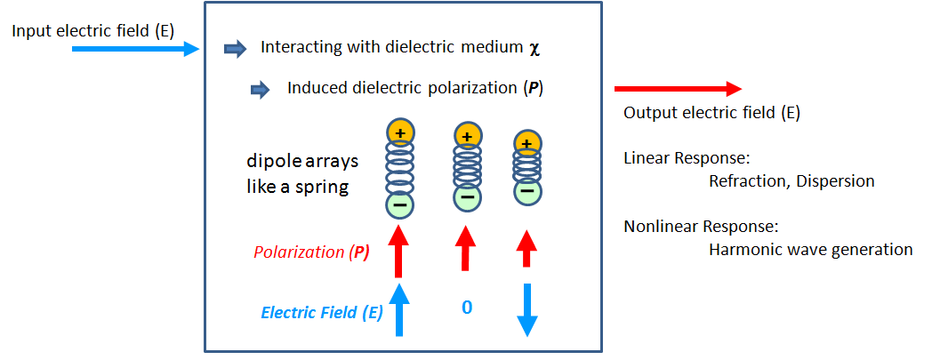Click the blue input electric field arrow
point(133,50)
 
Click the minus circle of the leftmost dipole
point(400,205)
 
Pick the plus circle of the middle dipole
point(466,136)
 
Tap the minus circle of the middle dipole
point(466,197)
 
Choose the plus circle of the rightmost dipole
point(526,144)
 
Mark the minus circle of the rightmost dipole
point(526,190)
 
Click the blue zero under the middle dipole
point(466,308)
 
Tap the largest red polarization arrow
point(400,250)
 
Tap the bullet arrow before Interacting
point(235,49)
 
